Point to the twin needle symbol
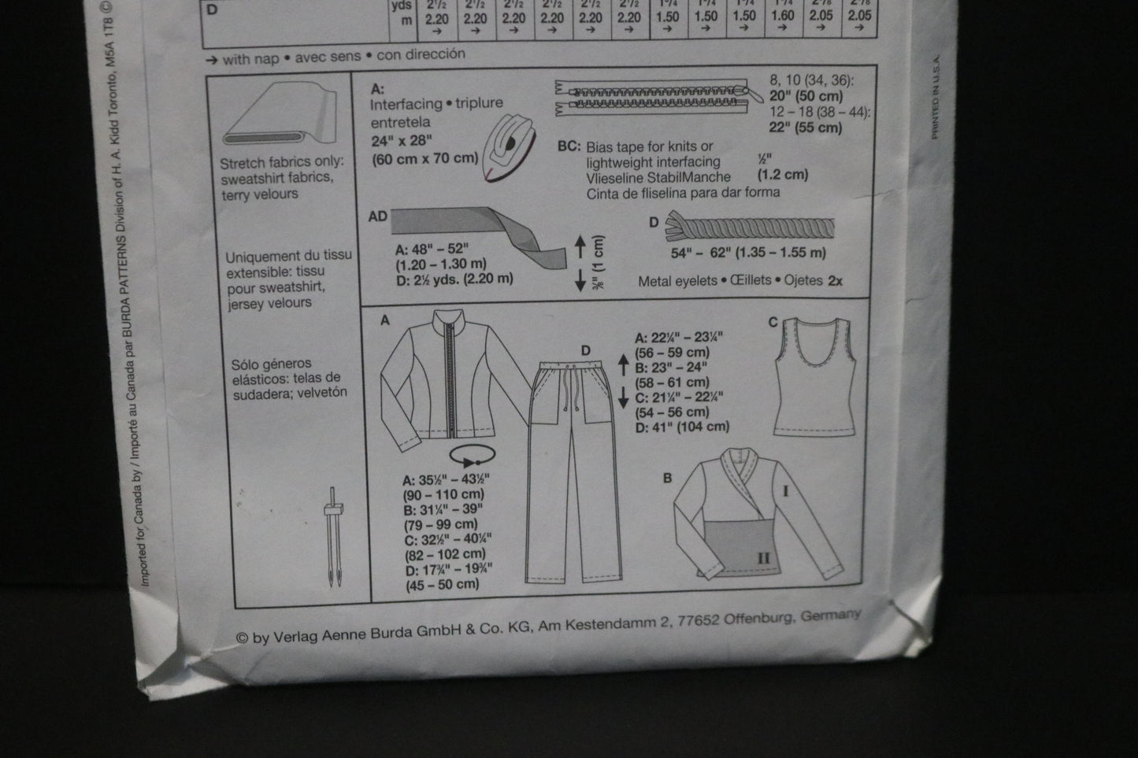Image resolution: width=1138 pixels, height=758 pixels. click(x=335, y=539)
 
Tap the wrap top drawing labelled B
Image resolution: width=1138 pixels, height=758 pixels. click(x=756, y=512)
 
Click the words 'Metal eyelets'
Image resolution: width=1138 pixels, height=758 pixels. click(x=678, y=280)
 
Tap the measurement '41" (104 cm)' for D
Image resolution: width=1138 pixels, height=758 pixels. click(x=682, y=427)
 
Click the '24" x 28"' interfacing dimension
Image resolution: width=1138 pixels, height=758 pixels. click(x=404, y=141)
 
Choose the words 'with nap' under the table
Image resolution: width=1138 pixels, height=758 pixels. click(x=247, y=59)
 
